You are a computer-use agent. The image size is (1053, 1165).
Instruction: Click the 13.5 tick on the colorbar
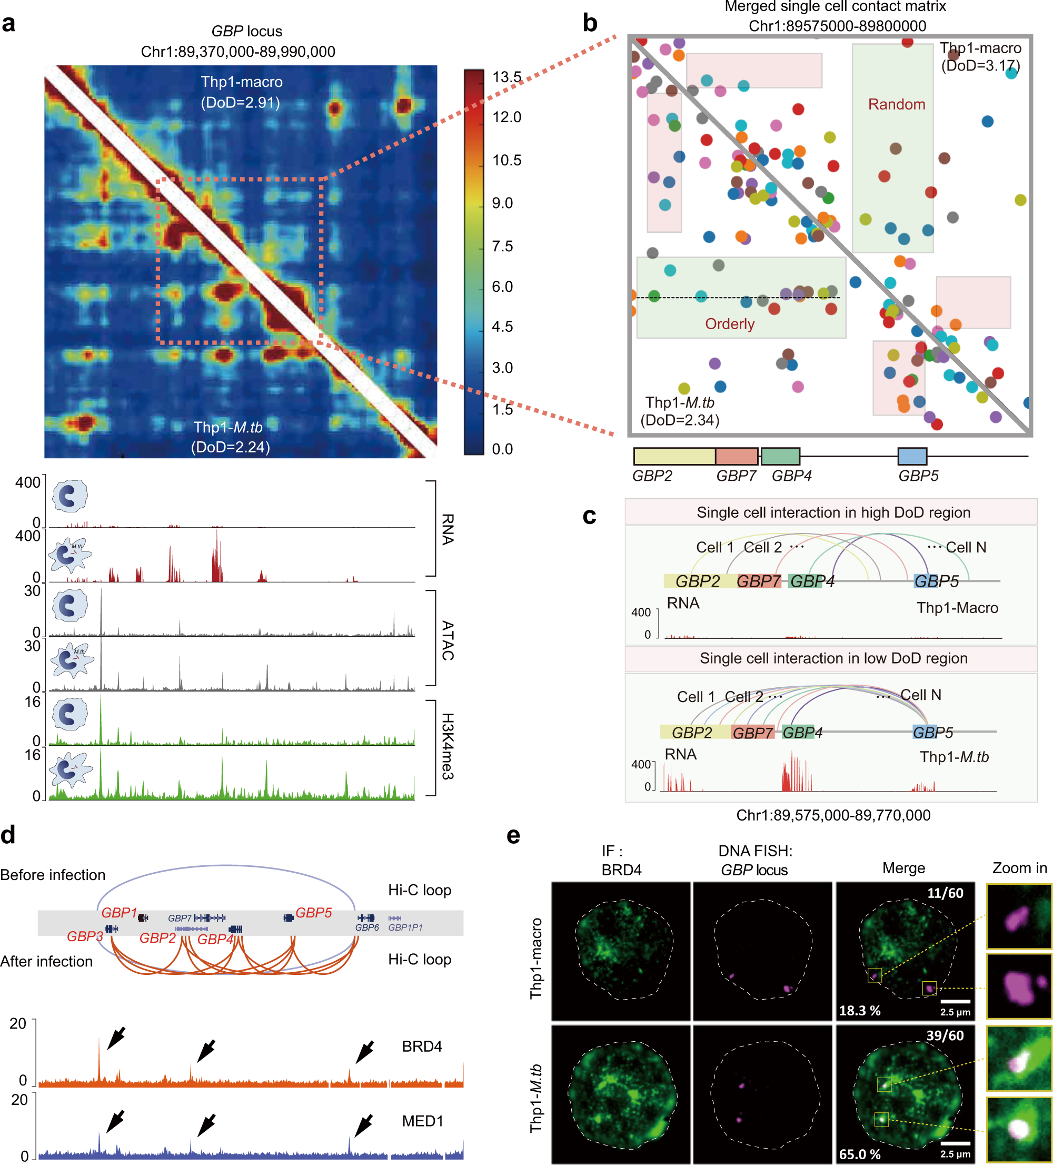pyautogui.click(x=506, y=77)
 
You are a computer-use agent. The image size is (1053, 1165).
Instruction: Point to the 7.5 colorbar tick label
pyautogui.click(x=502, y=246)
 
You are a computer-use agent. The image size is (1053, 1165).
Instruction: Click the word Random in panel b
pyautogui.click(x=896, y=104)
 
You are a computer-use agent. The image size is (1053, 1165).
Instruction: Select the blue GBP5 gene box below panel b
pyautogui.click(x=911, y=456)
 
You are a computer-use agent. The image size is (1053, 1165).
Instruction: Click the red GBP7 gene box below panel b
pyautogui.click(x=736, y=456)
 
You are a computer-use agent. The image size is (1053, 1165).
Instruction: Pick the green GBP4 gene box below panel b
pyautogui.click(x=780, y=456)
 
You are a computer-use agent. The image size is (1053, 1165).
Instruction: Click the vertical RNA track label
pyautogui.click(x=447, y=529)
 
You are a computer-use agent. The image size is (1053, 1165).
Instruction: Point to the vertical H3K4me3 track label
pyautogui.click(x=447, y=746)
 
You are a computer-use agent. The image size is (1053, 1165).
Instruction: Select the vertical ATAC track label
pyautogui.click(x=447, y=640)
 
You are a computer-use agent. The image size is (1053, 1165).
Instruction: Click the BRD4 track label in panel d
pyautogui.click(x=422, y=1046)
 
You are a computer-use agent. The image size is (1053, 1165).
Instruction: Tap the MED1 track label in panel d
pyautogui.click(x=422, y=1121)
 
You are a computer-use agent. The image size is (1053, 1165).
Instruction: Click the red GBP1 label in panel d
pyautogui.click(x=119, y=913)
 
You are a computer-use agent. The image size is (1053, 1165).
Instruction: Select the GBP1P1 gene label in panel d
pyautogui.click(x=405, y=927)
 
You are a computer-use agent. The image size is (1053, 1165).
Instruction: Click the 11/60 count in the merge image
pyautogui.click(x=945, y=893)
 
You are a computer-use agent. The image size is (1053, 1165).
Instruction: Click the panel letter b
pyautogui.click(x=589, y=23)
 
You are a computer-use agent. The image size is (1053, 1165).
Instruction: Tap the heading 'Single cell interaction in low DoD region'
pyautogui.click(x=833, y=658)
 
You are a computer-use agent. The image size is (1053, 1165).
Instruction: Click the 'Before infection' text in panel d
pyautogui.click(x=53, y=875)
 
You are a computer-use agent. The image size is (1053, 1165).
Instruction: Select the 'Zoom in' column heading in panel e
pyautogui.click(x=1019, y=868)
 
